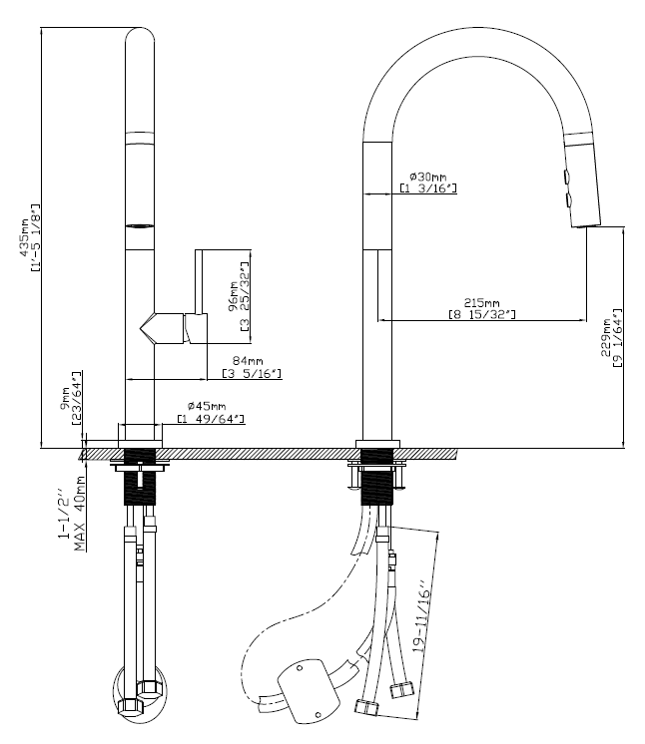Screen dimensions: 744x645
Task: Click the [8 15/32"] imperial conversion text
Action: (482, 315)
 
